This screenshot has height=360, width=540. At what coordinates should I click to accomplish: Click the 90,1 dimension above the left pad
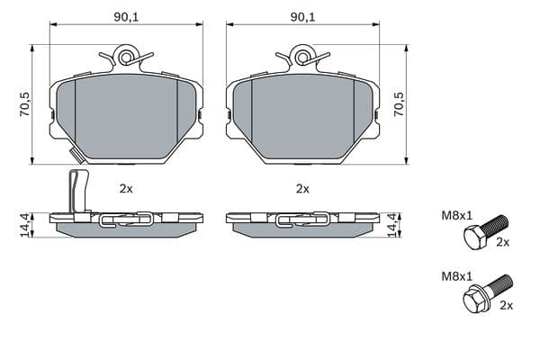(126, 17)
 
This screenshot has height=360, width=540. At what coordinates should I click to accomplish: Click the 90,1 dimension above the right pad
(302, 17)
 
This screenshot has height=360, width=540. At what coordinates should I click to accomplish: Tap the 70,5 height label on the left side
(25, 104)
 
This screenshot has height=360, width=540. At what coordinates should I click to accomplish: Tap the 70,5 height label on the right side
(399, 104)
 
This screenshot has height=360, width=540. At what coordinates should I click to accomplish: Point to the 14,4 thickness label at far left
(25, 225)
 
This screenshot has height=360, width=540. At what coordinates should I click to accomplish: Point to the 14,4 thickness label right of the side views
(393, 225)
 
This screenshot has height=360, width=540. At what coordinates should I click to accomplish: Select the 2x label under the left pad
(126, 189)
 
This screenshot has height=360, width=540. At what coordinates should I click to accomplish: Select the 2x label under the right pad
(302, 189)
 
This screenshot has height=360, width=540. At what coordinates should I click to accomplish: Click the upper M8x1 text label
(457, 216)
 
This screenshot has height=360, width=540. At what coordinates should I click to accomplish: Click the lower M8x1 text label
(457, 276)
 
